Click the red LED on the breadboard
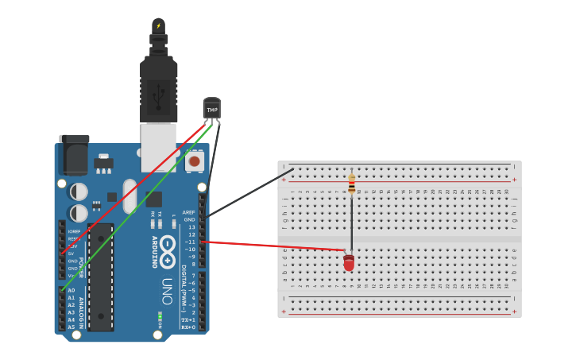tap(349, 262)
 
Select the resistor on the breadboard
tap(352, 184)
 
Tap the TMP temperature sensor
tap(212, 108)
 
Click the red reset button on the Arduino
tap(195, 162)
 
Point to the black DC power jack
tap(74, 154)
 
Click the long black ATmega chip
tap(101, 277)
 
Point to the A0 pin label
tap(72, 291)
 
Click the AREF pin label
tap(188, 212)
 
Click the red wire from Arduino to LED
tap(270, 246)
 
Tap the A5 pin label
tap(72, 327)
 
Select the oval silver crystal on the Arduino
tap(130, 195)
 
